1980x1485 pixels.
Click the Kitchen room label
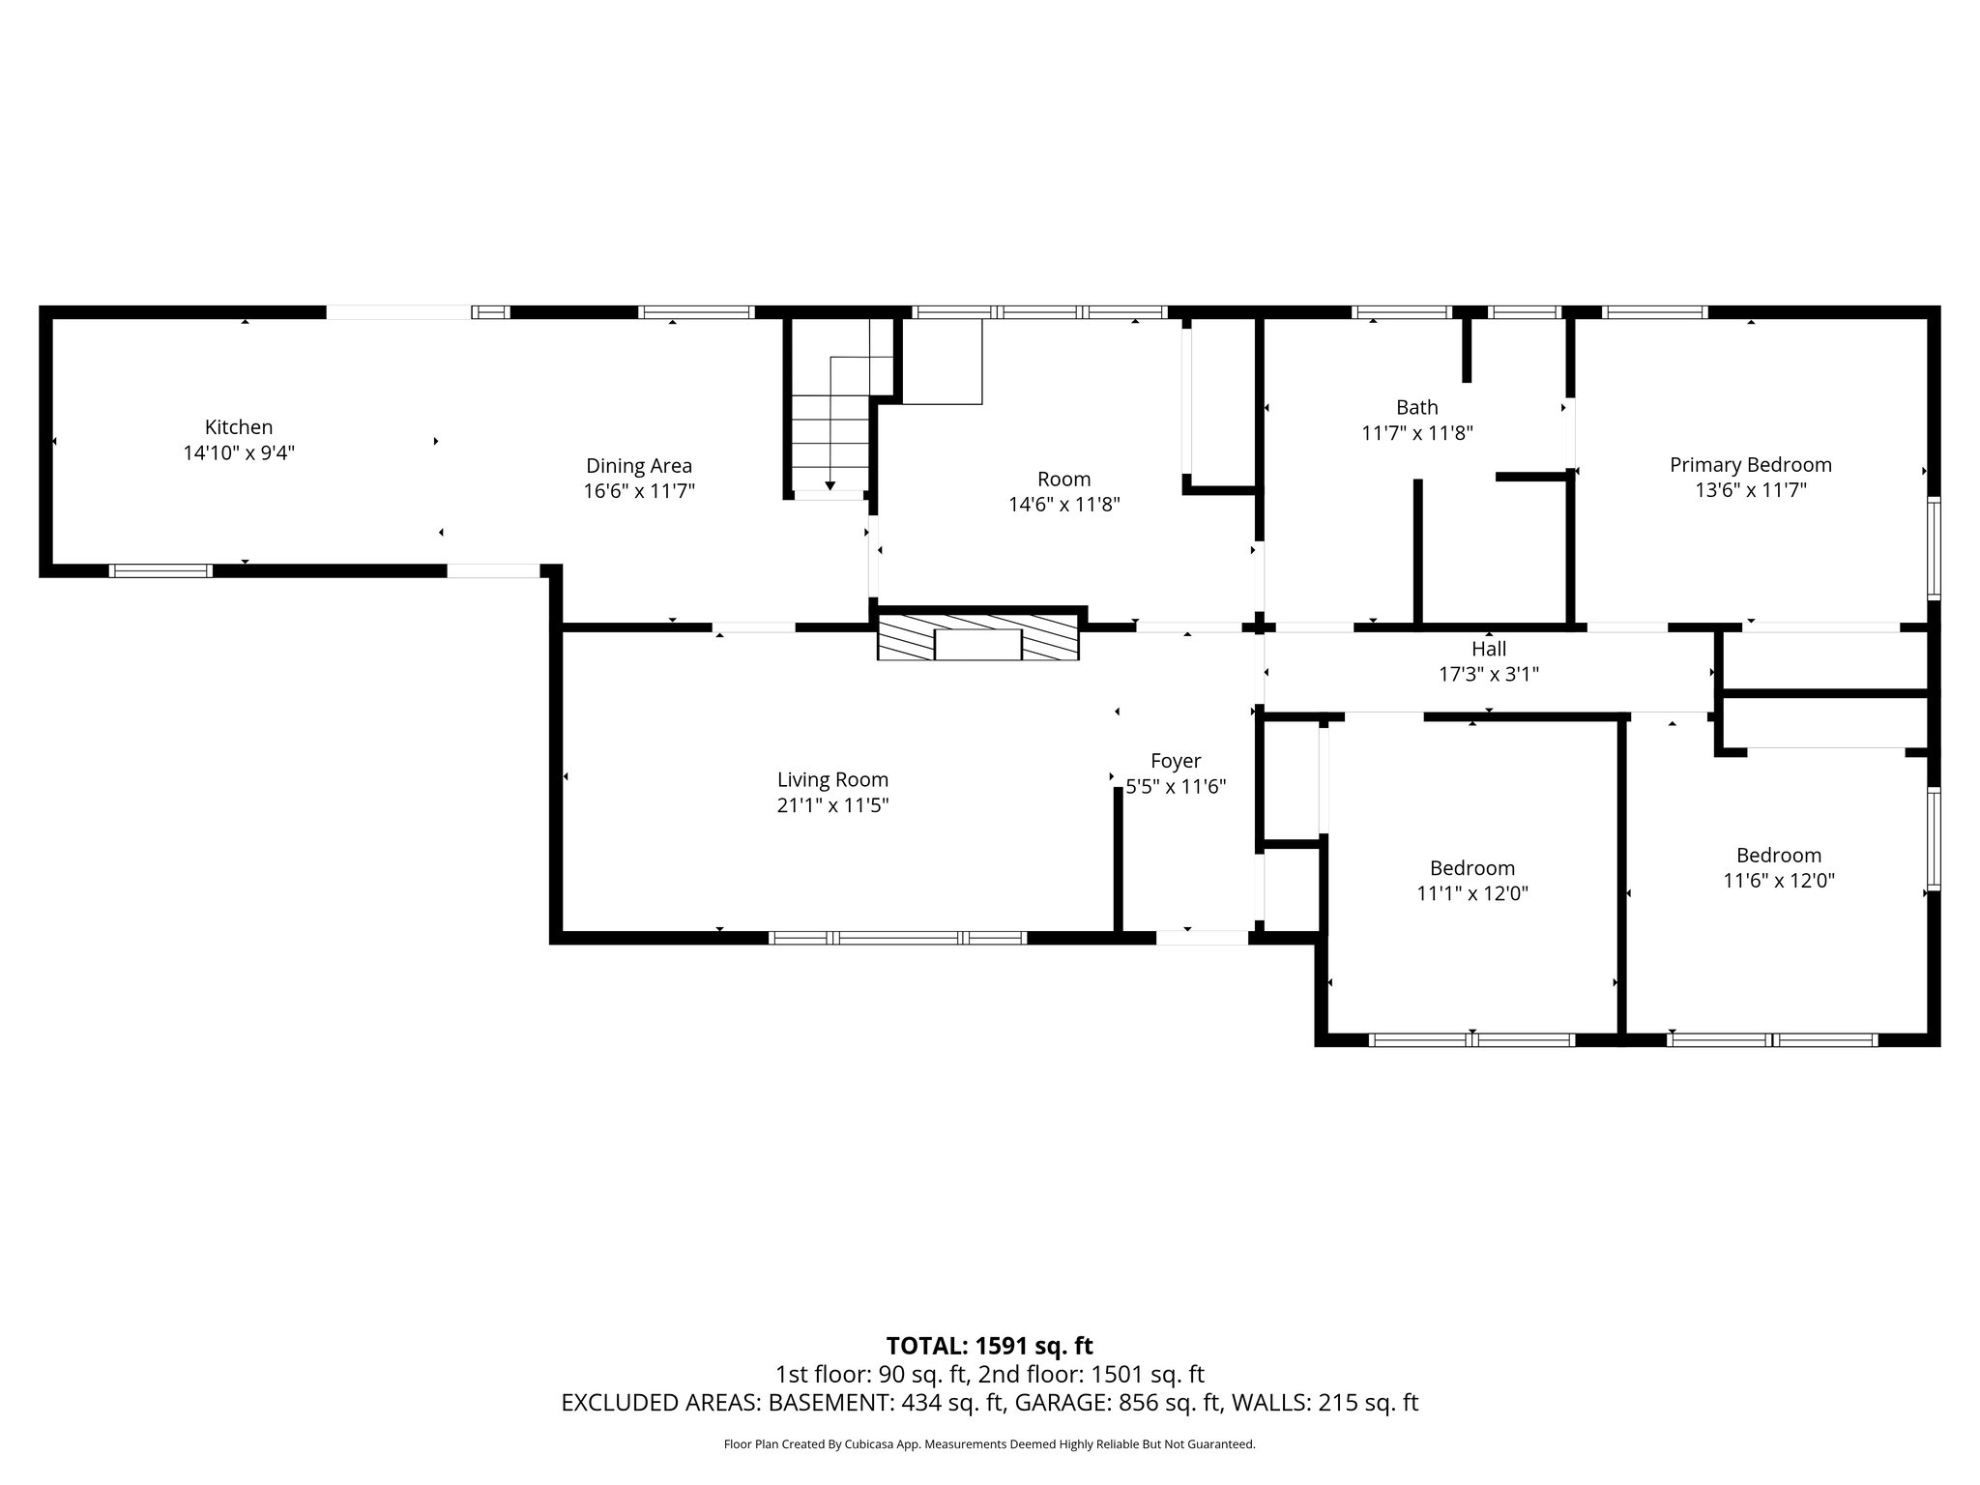[239, 427]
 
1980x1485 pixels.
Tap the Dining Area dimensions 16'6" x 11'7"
[639, 491]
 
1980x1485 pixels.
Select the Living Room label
[832, 780]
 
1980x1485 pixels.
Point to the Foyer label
[1176, 761]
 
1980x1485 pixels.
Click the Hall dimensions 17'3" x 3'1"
[1489, 675]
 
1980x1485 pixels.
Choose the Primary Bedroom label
[1750, 465]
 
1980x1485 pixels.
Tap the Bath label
[1416, 407]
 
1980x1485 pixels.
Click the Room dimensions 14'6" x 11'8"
[1063, 505]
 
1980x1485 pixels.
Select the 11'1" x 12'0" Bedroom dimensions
[1472, 893]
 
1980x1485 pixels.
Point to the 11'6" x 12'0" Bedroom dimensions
[1779, 881]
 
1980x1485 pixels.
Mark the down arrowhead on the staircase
[830, 485]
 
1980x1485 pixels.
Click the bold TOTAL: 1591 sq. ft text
[989, 1346]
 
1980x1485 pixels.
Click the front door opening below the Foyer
[1202, 937]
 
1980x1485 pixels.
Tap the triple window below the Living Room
[897, 937]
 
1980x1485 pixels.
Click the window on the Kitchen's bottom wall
[160, 570]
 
